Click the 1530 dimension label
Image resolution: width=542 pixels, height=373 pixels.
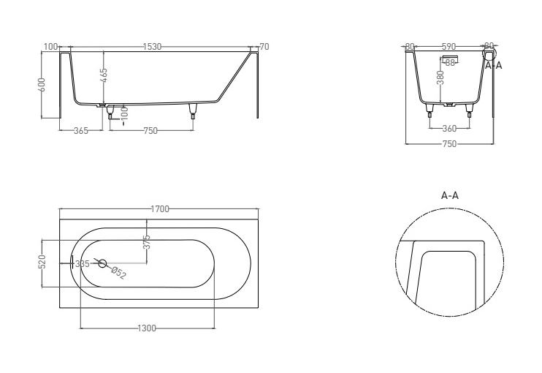pyautogui.click(x=152, y=47)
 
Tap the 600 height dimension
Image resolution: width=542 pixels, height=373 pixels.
pyautogui.click(x=42, y=84)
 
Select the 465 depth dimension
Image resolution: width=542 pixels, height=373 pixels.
pyautogui.click(x=104, y=76)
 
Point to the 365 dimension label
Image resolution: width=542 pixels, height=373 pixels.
pyautogui.click(x=81, y=131)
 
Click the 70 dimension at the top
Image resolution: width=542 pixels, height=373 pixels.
pyautogui.click(x=264, y=47)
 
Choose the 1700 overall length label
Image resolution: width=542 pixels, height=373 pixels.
pyautogui.click(x=160, y=209)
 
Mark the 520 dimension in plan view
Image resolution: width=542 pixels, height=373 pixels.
pyautogui.click(x=42, y=262)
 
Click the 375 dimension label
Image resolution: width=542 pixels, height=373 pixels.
pyautogui.click(x=147, y=242)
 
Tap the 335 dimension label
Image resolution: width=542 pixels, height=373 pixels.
pyautogui.click(x=83, y=264)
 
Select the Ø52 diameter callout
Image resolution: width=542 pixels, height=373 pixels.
pyautogui.click(x=119, y=273)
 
